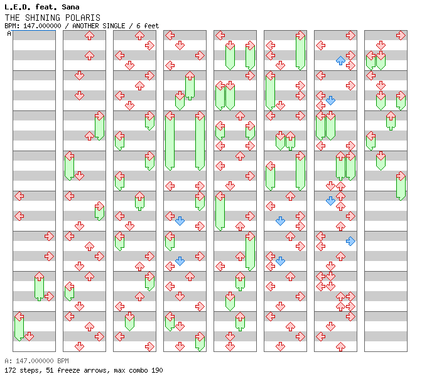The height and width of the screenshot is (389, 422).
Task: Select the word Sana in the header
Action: (x=70, y=7)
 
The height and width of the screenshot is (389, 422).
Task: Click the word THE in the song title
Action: (x=13, y=18)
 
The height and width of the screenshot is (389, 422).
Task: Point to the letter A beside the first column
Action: (x=9, y=34)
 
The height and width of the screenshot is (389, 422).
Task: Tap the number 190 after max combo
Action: (x=156, y=370)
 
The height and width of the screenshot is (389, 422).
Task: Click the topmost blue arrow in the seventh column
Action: (x=340, y=60)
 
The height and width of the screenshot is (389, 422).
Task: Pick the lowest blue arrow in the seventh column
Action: (x=350, y=241)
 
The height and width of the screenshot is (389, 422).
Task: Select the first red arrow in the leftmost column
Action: (x=19, y=196)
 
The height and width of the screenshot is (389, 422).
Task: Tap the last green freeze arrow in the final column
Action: (x=401, y=186)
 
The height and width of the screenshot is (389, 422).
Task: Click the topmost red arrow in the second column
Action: (x=89, y=35)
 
